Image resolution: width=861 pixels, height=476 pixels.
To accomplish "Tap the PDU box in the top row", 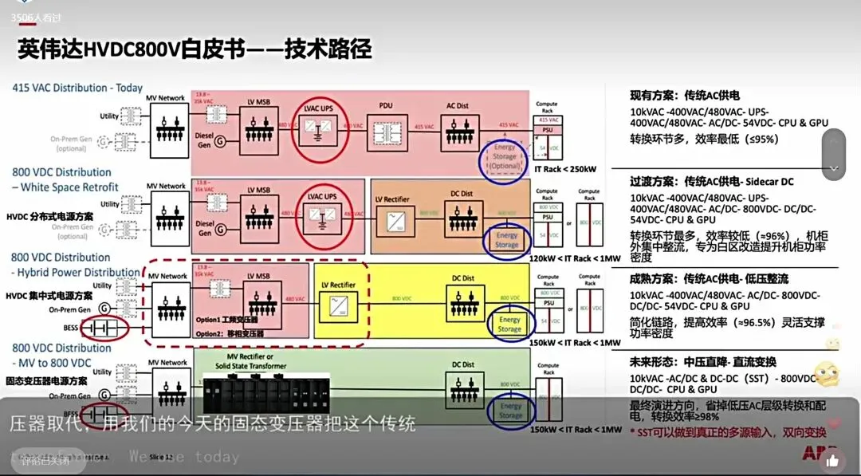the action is (387, 127).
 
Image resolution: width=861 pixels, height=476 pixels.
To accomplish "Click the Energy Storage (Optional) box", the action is (504, 156).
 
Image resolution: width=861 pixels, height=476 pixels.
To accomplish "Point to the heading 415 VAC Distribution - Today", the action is (77, 88).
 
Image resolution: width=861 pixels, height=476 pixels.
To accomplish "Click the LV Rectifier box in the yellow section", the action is (339, 302).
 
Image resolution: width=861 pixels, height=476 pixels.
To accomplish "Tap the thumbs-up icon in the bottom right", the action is (833, 460).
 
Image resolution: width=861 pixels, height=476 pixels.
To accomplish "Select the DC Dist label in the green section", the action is (462, 365).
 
